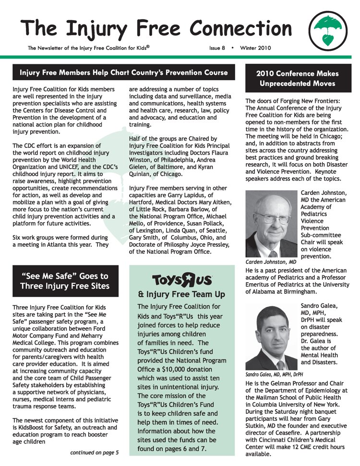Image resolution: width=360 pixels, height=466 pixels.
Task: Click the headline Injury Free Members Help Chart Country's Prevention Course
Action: pos(124,73)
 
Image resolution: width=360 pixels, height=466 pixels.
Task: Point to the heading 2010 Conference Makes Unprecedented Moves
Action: pos(297,79)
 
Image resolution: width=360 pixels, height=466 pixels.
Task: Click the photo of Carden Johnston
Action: pos(271,224)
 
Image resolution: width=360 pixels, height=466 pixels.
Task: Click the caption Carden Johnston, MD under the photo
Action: pos(271,262)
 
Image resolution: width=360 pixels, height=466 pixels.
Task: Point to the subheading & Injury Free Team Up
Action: pos(181,294)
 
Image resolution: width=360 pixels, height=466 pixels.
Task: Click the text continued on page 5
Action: pos(94,452)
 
